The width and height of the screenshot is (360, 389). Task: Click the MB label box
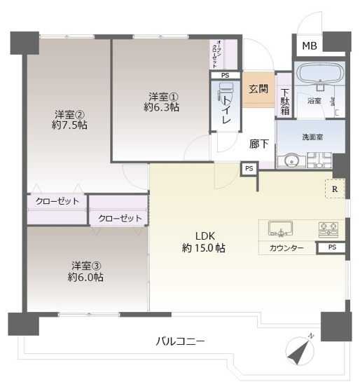(x=310, y=46)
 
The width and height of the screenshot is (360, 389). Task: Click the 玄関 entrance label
(x=258, y=89)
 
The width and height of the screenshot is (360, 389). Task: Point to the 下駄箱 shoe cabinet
(x=284, y=102)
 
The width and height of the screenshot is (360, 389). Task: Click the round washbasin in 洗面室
(x=291, y=161)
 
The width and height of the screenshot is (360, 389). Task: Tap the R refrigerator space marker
(x=335, y=189)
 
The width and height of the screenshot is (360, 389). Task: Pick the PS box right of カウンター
(x=331, y=247)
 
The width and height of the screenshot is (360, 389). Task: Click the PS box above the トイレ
(x=225, y=75)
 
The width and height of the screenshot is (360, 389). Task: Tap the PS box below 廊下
(x=249, y=168)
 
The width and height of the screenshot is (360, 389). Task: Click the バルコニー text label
(x=181, y=342)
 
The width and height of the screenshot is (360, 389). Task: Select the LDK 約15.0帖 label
(x=203, y=242)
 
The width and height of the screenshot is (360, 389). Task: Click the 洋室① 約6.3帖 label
(x=162, y=102)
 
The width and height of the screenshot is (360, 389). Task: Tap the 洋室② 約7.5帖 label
(x=69, y=120)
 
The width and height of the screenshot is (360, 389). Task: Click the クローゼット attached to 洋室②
(x=57, y=202)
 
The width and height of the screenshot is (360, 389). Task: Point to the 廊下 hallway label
(x=259, y=144)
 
